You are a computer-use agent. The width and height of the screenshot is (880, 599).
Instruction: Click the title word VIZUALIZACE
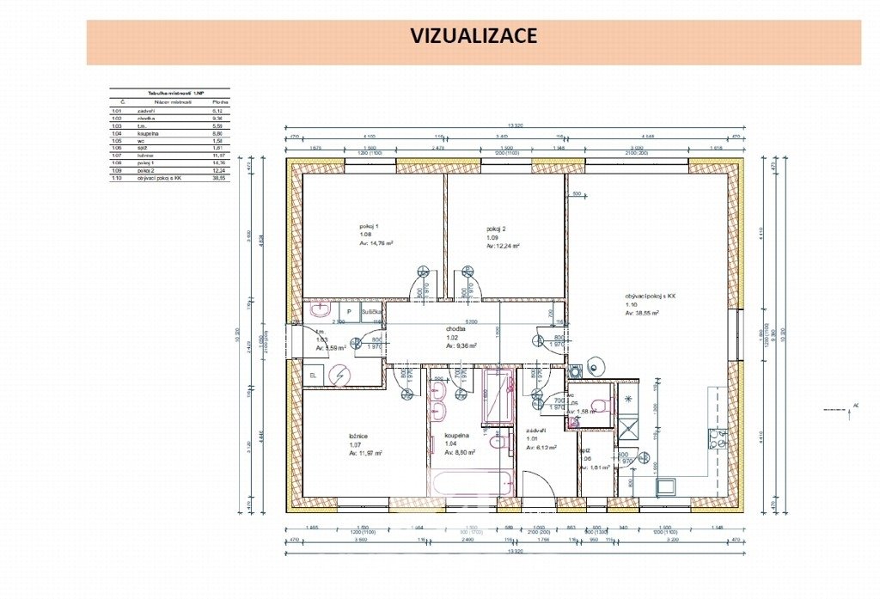(x=474, y=36)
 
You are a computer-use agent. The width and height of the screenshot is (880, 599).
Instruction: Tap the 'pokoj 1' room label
(x=369, y=226)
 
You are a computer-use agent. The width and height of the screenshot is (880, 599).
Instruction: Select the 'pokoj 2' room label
(x=496, y=229)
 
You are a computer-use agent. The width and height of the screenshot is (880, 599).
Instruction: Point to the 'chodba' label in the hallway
(x=455, y=328)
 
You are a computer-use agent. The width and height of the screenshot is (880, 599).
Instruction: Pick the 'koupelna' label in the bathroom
(x=458, y=436)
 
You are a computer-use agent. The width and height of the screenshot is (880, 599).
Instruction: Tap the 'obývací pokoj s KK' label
(x=651, y=296)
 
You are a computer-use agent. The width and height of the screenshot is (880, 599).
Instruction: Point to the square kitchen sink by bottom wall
(x=665, y=487)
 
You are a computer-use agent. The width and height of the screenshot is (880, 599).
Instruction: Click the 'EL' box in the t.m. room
(x=312, y=375)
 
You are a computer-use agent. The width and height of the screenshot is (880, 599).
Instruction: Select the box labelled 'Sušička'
(x=371, y=312)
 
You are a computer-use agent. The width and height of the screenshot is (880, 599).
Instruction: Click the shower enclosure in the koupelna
(x=498, y=396)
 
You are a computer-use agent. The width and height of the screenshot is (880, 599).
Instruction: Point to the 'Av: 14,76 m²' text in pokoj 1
(x=376, y=244)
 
